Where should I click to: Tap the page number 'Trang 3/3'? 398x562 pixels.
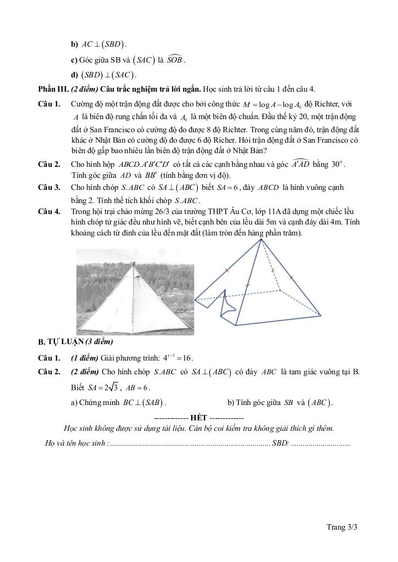click(342, 527)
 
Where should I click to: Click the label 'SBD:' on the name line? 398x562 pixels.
click(280, 443)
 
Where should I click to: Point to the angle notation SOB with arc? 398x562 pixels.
click(175, 59)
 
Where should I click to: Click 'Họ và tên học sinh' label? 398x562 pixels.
click(76, 443)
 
